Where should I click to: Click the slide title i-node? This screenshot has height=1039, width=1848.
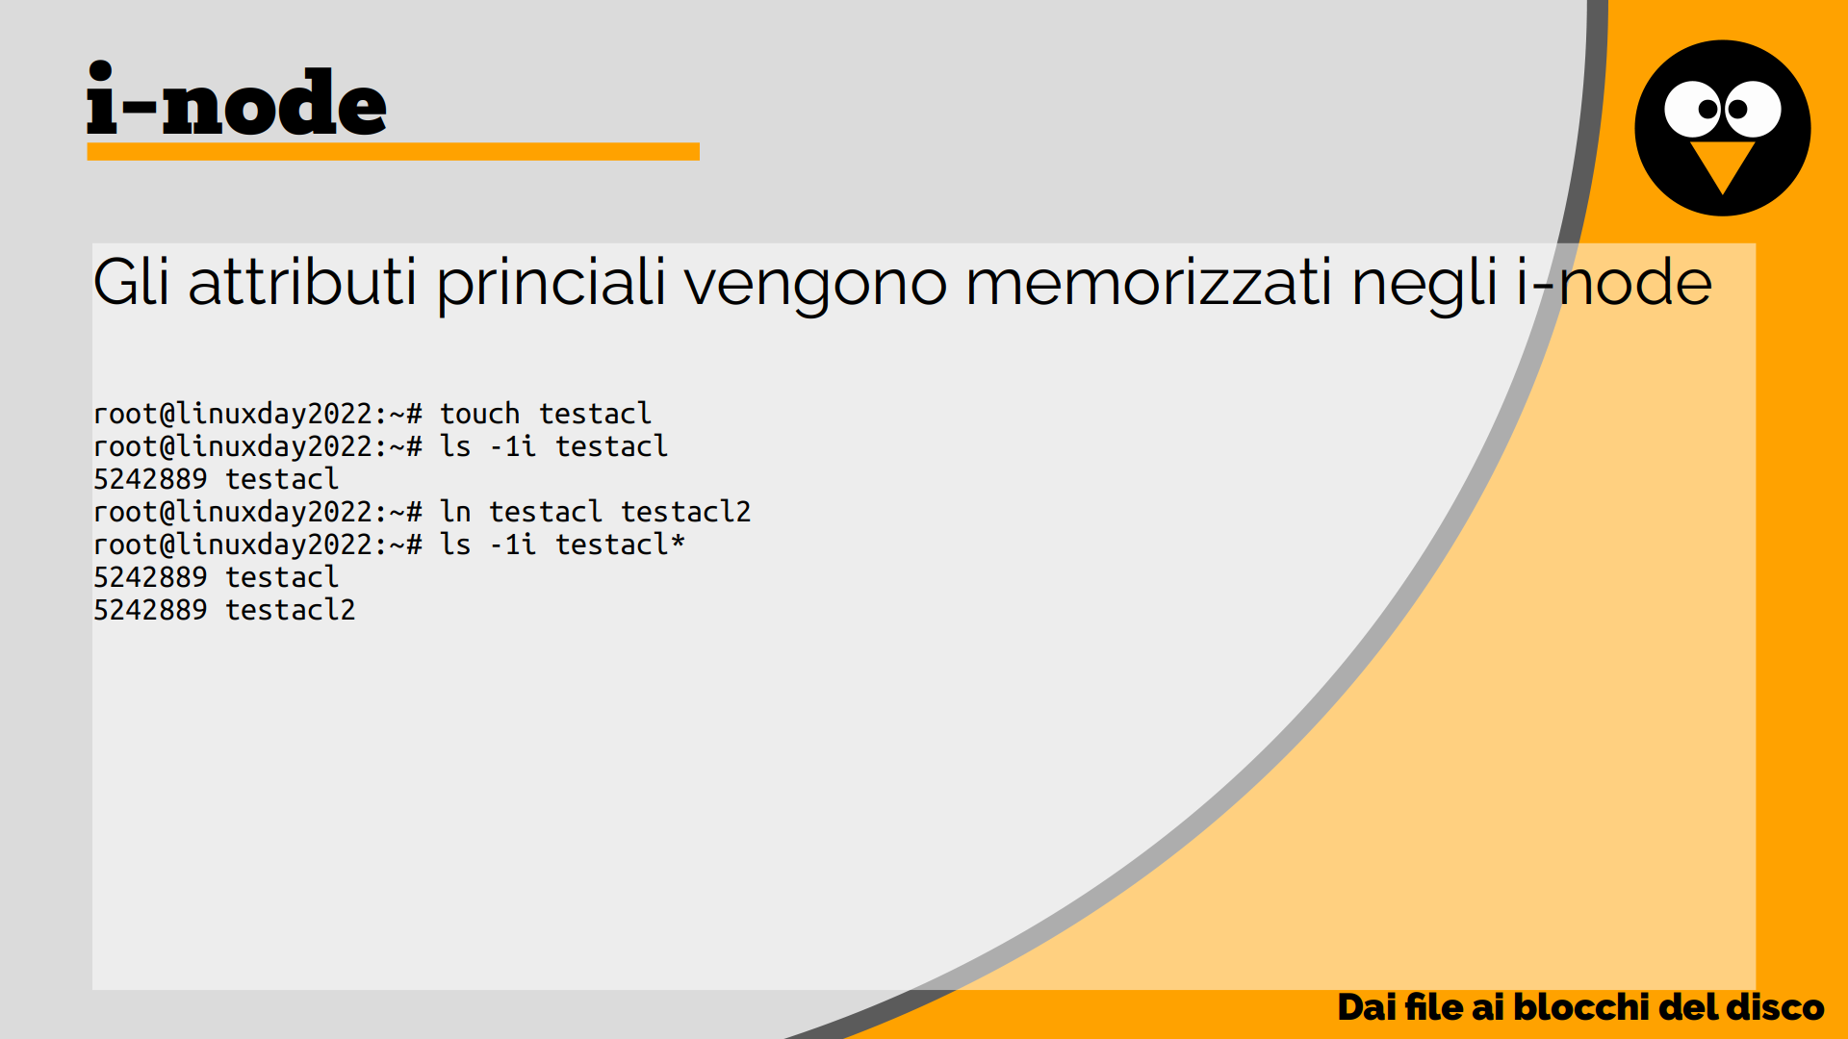point(237,99)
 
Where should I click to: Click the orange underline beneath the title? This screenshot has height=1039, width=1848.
point(393,151)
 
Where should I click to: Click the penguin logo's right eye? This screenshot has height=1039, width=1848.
point(1752,109)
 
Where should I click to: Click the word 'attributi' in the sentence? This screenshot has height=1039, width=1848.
point(302,283)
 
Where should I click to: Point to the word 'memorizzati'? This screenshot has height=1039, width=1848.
point(1148,283)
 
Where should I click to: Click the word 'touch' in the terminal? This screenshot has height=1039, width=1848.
point(479,414)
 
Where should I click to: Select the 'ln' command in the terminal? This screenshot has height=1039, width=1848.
point(455,512)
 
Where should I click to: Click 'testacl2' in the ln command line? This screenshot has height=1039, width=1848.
point(685,512)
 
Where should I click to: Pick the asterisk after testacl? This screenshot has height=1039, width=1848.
point(678,542)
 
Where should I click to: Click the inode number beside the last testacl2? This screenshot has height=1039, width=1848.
point(150,610)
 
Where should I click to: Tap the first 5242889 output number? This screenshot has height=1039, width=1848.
point(150,479)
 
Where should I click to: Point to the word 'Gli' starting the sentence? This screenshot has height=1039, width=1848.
point(131,283)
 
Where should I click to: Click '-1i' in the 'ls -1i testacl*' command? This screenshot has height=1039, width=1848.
point(512,545)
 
